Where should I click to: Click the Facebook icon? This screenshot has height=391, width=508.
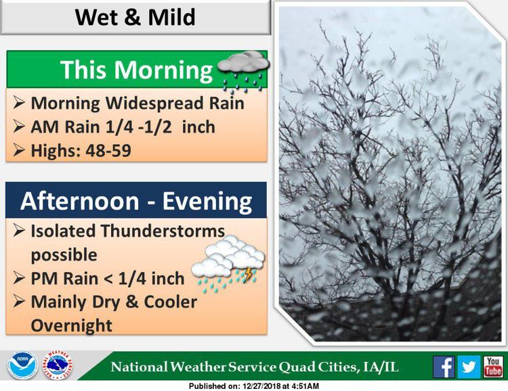(x=444, y=367)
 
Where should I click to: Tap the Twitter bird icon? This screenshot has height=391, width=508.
(x=469, y=367)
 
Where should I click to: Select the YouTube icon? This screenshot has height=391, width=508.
(x=493, y=367)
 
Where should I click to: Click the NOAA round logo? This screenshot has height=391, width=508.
(x=22, y=365)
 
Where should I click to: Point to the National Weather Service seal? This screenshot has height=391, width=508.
(x=58, y=365)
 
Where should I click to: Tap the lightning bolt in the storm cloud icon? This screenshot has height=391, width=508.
(x=248, y=275)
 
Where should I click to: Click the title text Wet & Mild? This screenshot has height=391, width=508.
(x=135, y=17)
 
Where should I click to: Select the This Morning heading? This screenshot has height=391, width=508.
(x=136, y=70)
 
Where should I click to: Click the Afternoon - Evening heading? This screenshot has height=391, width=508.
(x=136, y=202)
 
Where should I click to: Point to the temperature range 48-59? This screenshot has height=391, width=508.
(x=108, y=150)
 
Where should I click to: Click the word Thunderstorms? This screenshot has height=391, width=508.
(x=163, y=231)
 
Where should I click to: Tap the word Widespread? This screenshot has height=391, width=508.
(x=154, y=103)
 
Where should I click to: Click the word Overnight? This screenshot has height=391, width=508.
(x=72, y=325)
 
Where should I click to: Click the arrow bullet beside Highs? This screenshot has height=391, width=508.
(x=19, y=150)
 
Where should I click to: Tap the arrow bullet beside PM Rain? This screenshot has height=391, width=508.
(x=19, y=278)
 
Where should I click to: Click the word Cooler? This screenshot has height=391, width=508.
(x=171, y=302)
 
